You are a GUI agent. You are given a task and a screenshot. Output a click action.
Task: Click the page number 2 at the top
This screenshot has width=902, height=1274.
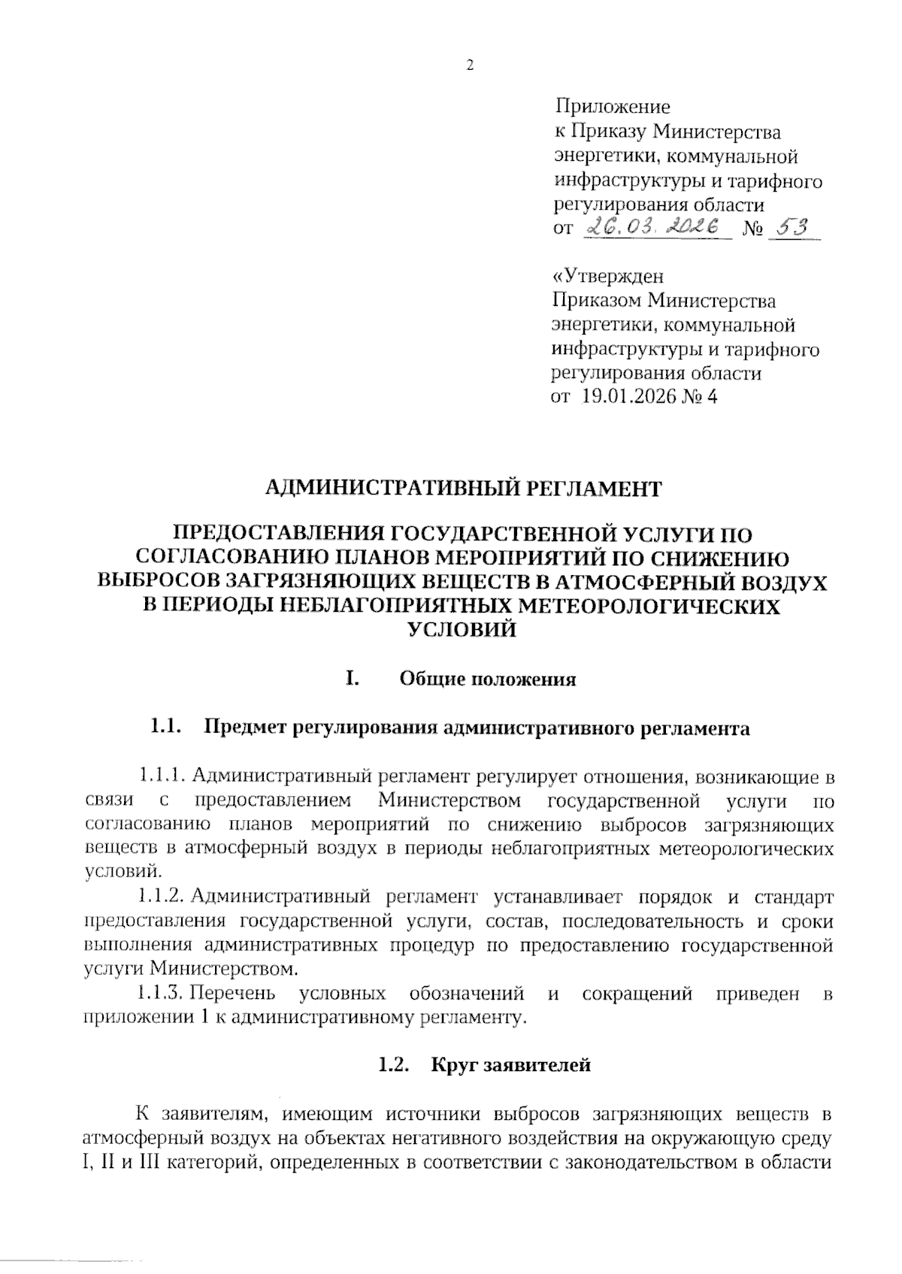tap(471, 66)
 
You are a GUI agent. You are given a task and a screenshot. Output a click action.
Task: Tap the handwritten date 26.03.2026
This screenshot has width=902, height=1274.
tap(652, 226)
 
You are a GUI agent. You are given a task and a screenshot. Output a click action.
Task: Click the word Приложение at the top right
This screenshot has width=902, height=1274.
tap(613, 107)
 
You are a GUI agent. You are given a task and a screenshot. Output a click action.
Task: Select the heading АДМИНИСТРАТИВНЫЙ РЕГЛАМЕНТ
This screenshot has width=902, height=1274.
tap(464, 489)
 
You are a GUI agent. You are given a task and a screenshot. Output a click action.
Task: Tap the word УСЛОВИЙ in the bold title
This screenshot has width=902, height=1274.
tap(462, 630)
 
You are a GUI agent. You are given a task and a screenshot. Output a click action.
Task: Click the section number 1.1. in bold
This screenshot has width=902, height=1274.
tap(168, 728)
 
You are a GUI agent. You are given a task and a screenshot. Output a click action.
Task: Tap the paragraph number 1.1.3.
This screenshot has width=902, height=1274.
tap(160, 994)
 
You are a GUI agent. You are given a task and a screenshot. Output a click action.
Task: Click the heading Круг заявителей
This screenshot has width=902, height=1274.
tap(511, 1065)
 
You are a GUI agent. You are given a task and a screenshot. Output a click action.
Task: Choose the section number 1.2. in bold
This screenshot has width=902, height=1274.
tap(393, 1065)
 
